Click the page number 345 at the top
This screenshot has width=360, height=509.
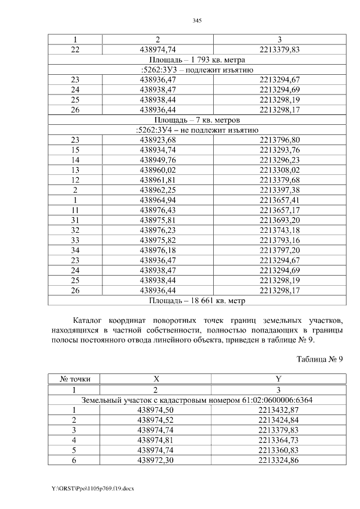pos(197,20)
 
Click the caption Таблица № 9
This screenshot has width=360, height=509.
pos(319,359)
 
